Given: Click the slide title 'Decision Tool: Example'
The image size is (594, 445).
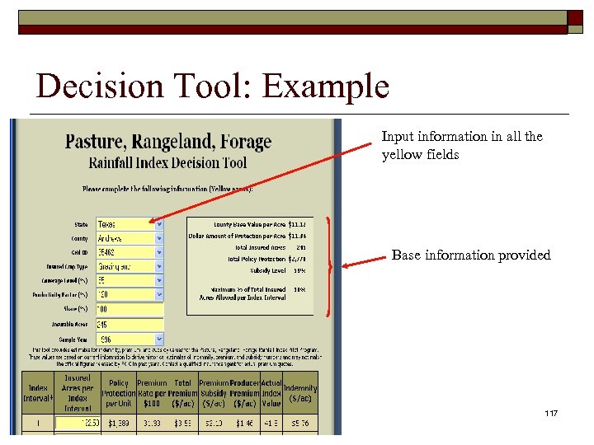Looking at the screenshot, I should pos(212,87).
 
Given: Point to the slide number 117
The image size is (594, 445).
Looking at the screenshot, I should pos(551,411).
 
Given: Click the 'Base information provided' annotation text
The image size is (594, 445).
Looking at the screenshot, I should pos(470,255).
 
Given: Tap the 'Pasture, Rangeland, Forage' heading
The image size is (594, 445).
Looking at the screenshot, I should pos(168,142).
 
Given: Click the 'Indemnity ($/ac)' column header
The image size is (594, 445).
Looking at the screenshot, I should pos(300,393).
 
